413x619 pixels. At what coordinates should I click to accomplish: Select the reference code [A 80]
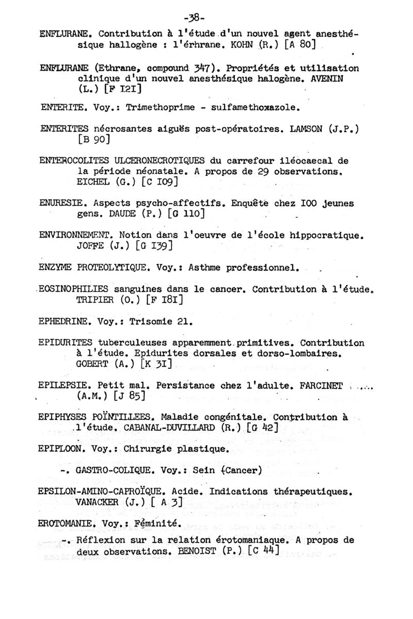click(x=300, y=45)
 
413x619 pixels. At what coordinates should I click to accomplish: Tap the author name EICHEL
click(x=92, y=182)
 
